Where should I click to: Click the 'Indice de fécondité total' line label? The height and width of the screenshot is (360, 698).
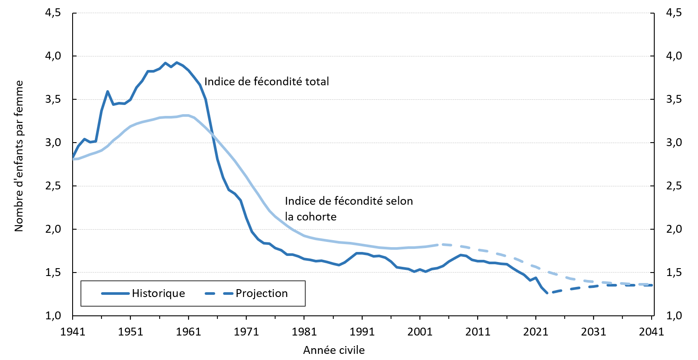[x=266, y=81]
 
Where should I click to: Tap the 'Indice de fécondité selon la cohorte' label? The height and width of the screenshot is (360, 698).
[x=349, y=209]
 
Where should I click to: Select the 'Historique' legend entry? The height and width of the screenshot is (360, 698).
[x=158, y=294]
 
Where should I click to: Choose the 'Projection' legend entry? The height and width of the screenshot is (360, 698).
[x=262, y=294]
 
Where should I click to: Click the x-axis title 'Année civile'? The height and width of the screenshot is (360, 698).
[x=334, y=350]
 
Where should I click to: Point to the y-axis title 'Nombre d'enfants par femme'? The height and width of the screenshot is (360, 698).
[x=18, y=156]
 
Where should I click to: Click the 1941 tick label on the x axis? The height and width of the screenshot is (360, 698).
[x=73, y=332]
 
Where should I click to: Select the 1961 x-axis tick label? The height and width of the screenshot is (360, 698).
[x=188, y=332]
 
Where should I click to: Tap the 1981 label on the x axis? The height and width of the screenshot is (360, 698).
[x=304, y=332]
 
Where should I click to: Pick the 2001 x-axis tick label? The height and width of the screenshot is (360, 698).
[x=420, y=332]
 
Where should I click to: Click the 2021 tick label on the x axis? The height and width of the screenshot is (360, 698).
[x=536, y=332]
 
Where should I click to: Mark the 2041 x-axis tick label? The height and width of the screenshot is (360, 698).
[x=651, y=332]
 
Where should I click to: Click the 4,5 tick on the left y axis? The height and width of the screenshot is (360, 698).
[x=53, y=13]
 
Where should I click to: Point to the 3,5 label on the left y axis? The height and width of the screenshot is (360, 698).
[x=53, y=99]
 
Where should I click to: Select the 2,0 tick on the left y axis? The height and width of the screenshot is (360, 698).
[x=53, y=229]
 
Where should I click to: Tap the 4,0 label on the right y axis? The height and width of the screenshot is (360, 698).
[x=674, y=56]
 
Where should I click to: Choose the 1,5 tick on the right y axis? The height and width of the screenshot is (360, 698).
[x=674, y=273]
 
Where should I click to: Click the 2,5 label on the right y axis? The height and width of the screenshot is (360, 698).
[x=674, y=186]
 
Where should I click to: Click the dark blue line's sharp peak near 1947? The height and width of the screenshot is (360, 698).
[x=108, y=91]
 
